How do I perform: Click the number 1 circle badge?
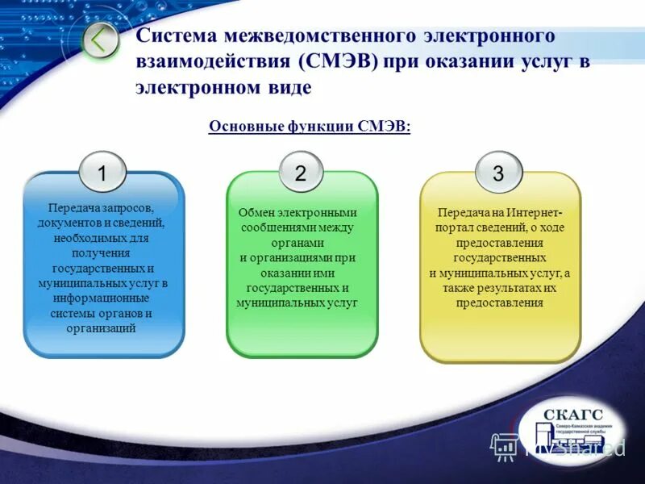tap(102, 173)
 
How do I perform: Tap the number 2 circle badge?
tap(301, 173)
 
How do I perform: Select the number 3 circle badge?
tap(498, 173)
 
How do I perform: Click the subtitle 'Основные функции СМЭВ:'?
tap(310, 127)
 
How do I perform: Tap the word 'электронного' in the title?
tap(493, 36)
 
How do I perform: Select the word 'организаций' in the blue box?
tap(101, 328)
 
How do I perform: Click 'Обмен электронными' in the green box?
tap(298, 212)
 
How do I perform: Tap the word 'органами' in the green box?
tap(298, 243)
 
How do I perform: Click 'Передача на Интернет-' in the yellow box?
tap(500, 212)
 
